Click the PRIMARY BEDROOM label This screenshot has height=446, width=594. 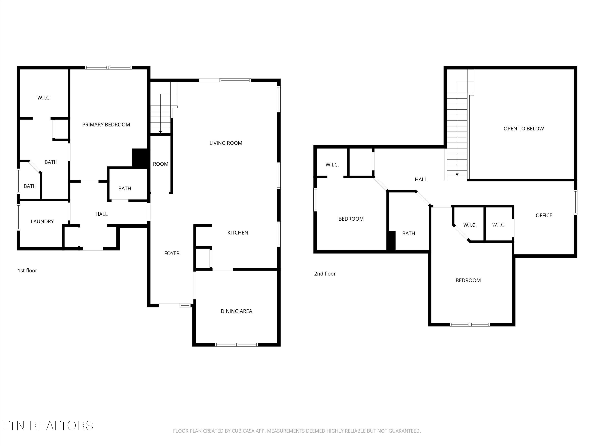coord(106,124)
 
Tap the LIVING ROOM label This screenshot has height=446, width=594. coord(226,143)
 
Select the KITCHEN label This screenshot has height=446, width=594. coord(238,233)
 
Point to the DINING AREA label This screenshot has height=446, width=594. coord(236,311)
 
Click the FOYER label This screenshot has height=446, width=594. coord(172,253)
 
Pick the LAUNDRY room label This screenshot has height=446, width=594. coord(42,222)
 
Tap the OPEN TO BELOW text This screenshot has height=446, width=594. coord(524,128)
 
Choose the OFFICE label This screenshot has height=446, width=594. coord(544,215)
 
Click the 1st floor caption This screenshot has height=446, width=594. coord(27,270)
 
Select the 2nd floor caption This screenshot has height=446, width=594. coord(325,274)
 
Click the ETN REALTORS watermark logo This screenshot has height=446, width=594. coord(47,426)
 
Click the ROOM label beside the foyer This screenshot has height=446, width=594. coord(161,164)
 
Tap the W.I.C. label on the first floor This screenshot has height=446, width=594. coord(44,98)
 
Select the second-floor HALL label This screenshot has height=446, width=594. coord(421,179)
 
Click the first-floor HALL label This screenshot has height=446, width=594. coord(102,214)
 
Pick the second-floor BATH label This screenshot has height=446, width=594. coord(408,233)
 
